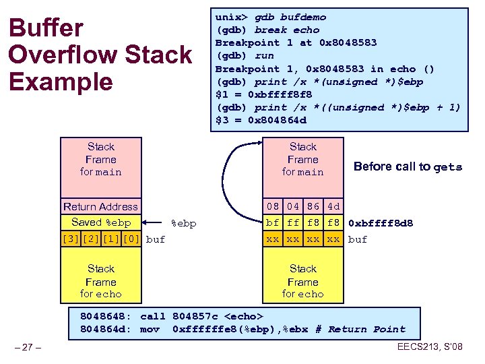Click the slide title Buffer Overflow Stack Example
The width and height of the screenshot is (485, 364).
(99, 55)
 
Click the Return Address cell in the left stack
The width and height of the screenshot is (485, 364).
(100, 207)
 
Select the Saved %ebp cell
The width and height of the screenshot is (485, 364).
(101, 222)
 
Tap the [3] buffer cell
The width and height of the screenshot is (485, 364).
(70, 239)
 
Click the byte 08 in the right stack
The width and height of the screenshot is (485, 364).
(272, 207)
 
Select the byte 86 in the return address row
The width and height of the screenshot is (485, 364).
(313, 207)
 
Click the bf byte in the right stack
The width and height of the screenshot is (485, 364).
(272, 222)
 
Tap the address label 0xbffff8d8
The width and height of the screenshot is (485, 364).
(381, 223)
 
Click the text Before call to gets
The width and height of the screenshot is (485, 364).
(408, 167)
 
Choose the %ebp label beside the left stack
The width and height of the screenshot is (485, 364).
(184, 223)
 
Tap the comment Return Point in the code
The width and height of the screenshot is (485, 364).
(367, 330)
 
